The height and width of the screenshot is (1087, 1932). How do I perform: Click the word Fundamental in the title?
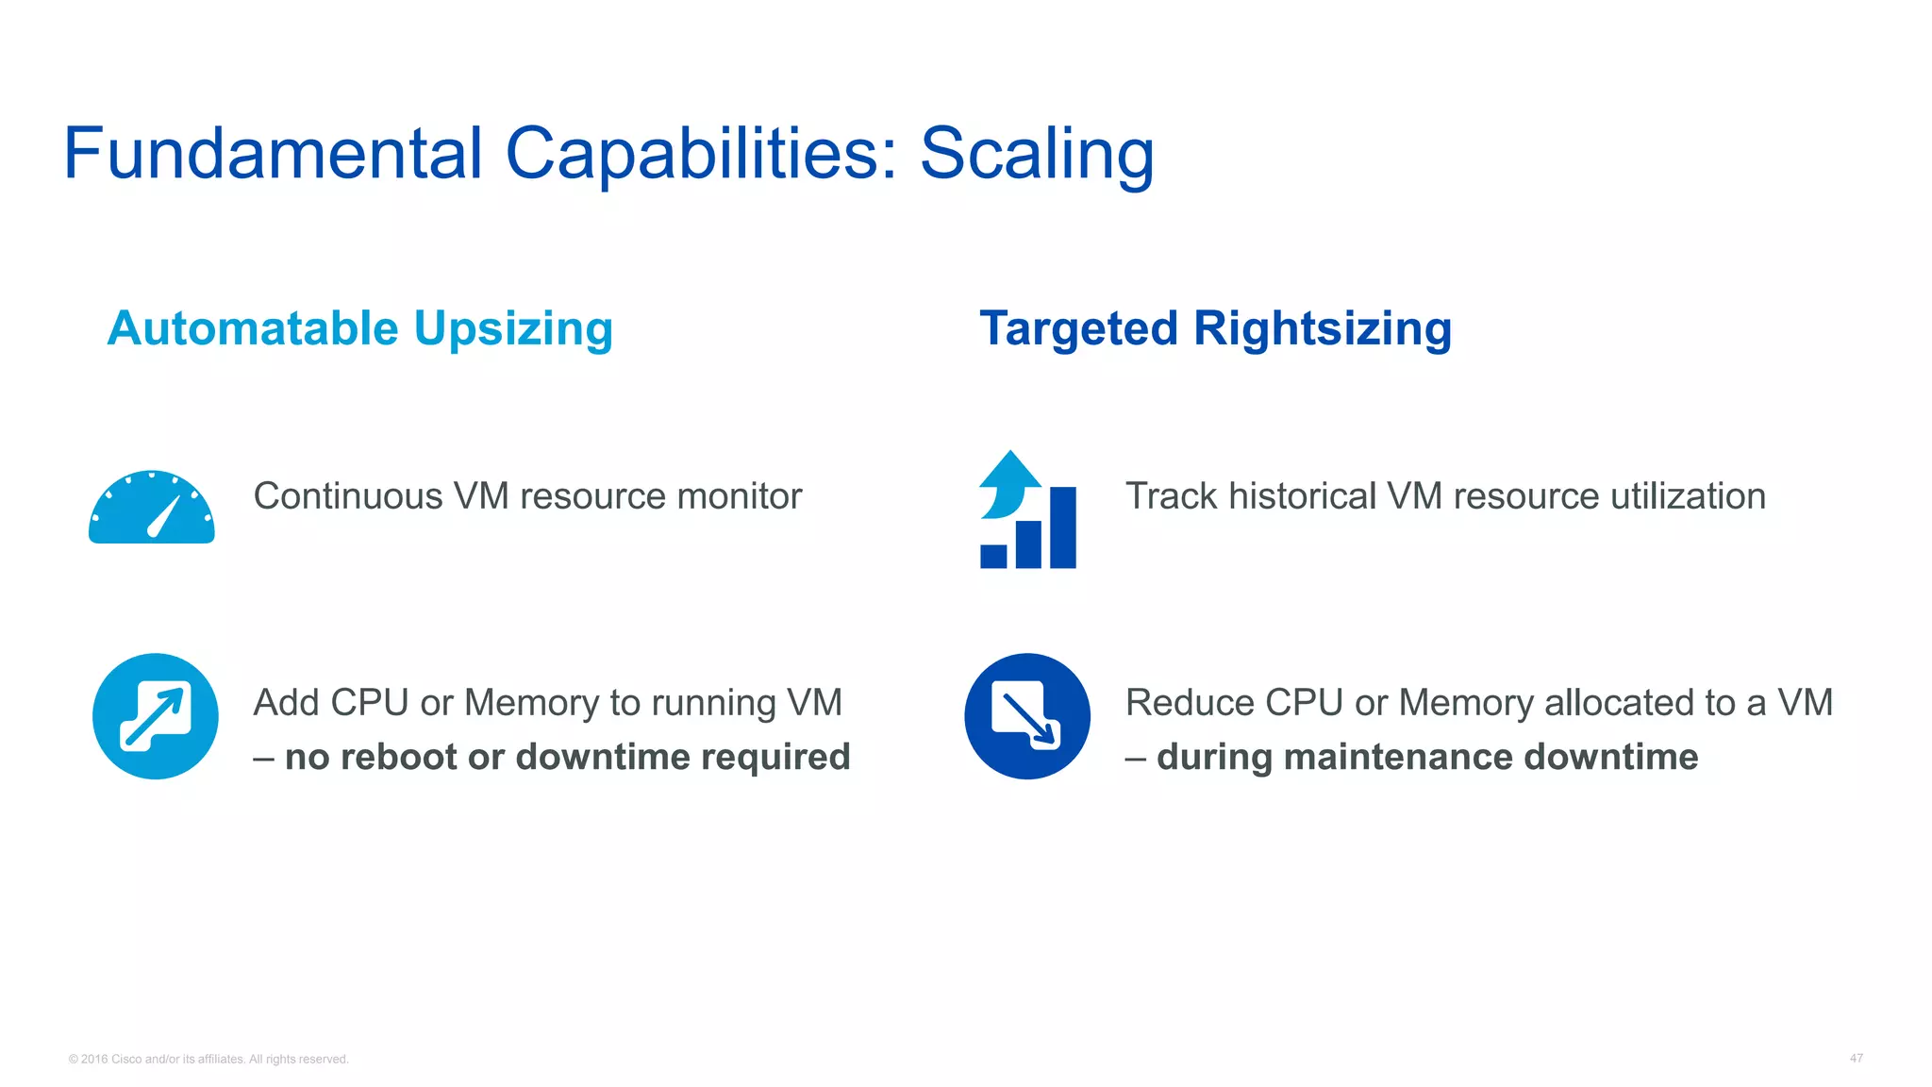tap(273, 154)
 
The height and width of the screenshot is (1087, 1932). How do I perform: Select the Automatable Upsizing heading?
tap(359, 329)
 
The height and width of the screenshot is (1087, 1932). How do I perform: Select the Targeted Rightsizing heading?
tap(1215, 329)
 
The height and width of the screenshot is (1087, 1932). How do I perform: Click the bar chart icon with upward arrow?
tap(1027, 510)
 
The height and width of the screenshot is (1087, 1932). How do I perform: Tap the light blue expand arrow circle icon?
tap(156, 716)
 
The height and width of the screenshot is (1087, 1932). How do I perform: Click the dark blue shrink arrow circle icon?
tap(1027, 716)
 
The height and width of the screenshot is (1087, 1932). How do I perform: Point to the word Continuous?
tap(347, 496)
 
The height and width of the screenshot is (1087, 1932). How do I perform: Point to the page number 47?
tap(1856, 1059)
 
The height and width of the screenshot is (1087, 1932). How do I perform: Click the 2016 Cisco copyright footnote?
tap(208, 1060)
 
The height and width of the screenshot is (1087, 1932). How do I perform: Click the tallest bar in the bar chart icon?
tap(1062, 527)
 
